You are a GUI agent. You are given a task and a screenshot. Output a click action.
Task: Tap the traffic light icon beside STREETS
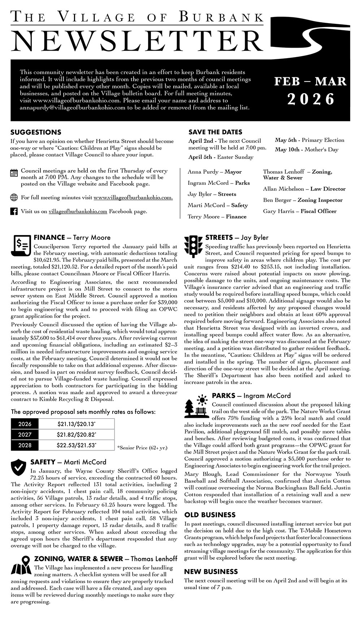pos(193,247)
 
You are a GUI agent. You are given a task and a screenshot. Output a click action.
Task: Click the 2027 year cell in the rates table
pos(25,435)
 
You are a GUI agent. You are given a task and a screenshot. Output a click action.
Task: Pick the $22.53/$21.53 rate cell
pos(76,445)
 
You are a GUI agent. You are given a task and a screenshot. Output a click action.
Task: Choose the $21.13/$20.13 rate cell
pos(76,424)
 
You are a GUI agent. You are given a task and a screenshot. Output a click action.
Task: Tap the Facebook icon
pos(14,212)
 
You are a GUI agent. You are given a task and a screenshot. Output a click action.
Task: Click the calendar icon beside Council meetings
pos(14,173)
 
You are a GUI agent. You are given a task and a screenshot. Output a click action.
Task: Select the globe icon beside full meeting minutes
pos(14,198)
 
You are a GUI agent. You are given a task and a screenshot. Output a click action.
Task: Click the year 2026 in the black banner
pos(311,99)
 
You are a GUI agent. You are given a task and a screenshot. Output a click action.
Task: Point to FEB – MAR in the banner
pos(310,81)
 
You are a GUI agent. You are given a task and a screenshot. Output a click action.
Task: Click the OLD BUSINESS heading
pos(210,515)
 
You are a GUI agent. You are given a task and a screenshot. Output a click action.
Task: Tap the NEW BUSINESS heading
pos(211,571)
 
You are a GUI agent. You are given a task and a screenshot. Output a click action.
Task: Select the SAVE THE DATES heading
pos(215,132)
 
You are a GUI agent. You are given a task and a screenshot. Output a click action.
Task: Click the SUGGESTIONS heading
pos(36,132)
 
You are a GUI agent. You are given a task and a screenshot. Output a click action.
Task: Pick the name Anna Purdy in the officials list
pos(203,172)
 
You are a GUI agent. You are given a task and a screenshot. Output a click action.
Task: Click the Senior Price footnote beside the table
pos(142,448)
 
